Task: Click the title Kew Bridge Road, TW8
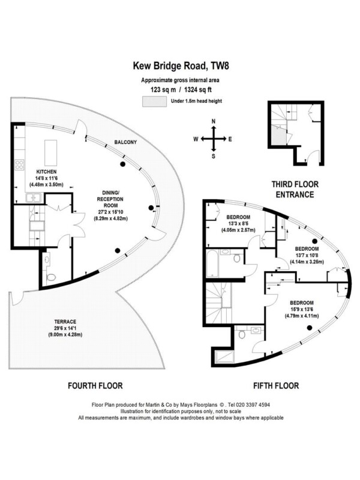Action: [x=181, y=66]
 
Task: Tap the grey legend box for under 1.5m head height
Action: [x=154, y=101]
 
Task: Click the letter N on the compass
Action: [x=214, y=121]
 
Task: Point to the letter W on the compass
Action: [x=196, y=139]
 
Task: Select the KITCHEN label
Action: [x=46, y=172]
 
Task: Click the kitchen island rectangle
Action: [x=51, y=153]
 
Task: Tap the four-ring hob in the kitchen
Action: [x=20, y=164]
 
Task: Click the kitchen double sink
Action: [x=34, y=198]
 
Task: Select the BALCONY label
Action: [x=125, y=142]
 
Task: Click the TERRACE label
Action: [x=65, y=322]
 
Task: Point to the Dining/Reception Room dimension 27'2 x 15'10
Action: [x=110, y=212]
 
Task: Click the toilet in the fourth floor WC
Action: [x=51, y=277]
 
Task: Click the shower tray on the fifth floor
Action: [x=224, y=357]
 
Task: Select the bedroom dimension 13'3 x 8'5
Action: [x=238, y=224]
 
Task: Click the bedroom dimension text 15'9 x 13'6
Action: [x=302, y=310]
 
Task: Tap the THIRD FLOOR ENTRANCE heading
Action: [x=295, y=190]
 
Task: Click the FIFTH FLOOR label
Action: [x=276, y=385]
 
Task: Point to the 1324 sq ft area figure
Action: [x=198, y=89]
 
